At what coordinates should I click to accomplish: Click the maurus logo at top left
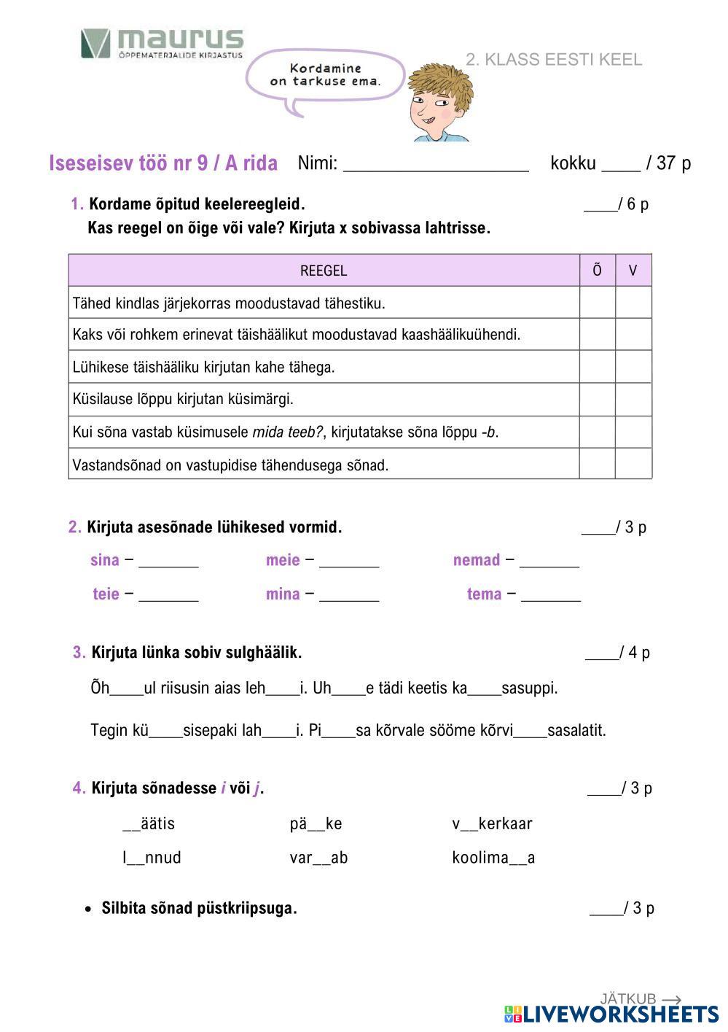(162, 44)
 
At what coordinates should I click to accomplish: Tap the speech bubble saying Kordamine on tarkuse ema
(325, 75)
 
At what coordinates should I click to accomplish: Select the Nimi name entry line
(436, 164)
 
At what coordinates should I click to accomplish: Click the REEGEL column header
(324, 271)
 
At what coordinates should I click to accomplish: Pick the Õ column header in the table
(597, 271)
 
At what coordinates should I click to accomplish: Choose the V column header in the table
(633, 271)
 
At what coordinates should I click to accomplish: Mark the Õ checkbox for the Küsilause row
(597, 400)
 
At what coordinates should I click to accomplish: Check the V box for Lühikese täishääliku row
(633, 367)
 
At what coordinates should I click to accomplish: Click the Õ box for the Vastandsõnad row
(597, 465)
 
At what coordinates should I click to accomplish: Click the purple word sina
(104, 560)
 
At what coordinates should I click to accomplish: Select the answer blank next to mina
(349, 595)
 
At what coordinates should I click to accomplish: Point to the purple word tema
(484, 594)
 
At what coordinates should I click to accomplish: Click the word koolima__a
(493, 858)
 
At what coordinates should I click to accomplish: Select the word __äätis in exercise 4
(149, 824)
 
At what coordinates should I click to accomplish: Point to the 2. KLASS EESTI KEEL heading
(554, 60)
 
